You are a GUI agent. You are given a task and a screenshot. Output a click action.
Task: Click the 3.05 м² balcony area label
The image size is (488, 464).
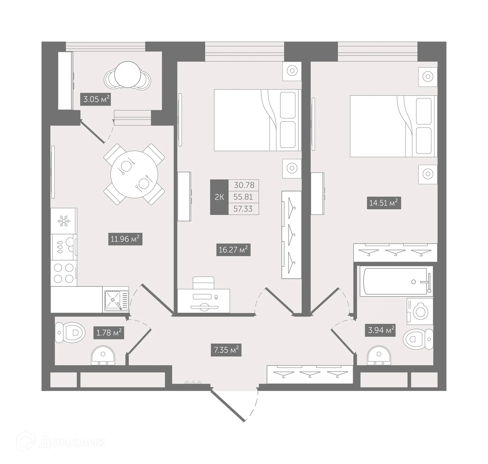(95, 99)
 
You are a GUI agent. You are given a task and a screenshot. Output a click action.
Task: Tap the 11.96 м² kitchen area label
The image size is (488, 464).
(125, 239)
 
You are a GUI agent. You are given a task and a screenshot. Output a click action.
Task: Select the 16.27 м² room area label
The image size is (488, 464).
(233, 250)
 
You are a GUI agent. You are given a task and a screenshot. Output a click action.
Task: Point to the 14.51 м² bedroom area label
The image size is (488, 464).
(384, 203)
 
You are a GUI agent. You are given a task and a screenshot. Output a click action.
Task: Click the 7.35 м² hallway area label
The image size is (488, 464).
(226, 350)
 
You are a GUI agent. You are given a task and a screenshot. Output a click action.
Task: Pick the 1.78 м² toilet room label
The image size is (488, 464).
(109, 333)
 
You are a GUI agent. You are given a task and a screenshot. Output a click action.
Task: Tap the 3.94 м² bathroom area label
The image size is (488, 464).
(380, 330)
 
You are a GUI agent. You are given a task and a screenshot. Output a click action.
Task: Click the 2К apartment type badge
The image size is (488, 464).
(219, 197)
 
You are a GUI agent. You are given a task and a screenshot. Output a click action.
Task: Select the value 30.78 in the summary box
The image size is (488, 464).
(244, 185)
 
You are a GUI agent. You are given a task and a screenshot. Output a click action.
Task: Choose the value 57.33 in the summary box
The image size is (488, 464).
(243, 209)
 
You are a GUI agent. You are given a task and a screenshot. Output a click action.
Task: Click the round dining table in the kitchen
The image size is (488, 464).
(134, 174)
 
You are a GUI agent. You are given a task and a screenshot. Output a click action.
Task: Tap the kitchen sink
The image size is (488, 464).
(116, 299)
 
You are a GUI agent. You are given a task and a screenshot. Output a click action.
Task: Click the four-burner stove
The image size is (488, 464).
(64, 273)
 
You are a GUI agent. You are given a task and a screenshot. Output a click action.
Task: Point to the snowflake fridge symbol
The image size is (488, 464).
(64, 221)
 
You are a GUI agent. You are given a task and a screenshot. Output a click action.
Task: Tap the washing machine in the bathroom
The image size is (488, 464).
(420, 311)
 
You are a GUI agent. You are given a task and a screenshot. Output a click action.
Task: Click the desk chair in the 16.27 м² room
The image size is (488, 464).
(203, 283)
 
